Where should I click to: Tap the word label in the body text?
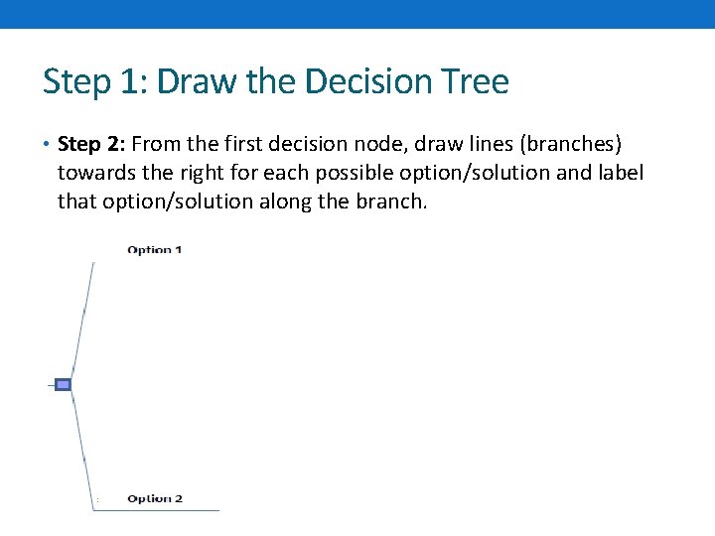point(619,173)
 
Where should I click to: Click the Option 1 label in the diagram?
point(155,250)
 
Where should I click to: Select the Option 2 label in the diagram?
point(155,498)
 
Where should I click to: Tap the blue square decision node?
point(63,384)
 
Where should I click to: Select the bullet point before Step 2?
point(47,145)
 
